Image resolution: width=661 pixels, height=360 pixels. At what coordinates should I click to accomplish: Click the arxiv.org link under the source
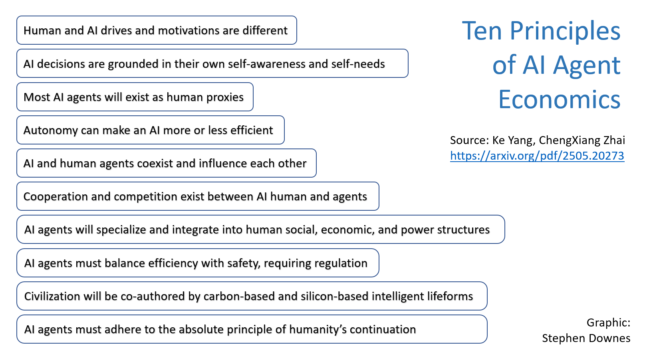(537, 156)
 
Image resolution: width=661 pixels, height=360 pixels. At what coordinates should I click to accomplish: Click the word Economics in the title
(559, 99)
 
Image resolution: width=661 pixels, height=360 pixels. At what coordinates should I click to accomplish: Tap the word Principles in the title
(565, 32)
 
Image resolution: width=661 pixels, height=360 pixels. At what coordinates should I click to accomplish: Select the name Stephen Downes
(586, 338)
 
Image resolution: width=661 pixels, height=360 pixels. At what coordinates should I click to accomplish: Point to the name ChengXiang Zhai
(582, 140)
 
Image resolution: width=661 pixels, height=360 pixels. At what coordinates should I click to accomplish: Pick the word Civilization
(52, 296)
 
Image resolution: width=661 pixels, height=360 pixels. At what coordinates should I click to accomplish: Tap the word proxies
(225, 98)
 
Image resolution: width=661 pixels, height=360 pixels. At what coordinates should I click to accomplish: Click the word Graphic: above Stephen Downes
(608, 323)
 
